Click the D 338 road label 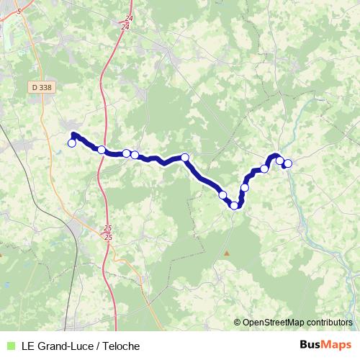tap(42, 87)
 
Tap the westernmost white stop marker tap(72, 143)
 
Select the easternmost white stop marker tap(288, 163)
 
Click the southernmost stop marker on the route tap(234, 206)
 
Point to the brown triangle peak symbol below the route tap(227, 253)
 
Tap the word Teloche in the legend tap(119, 346)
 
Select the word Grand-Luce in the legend tap(64, 346)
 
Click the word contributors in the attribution tap(330, 323)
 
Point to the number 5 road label tap(19, 12)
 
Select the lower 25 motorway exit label tap(108, 237)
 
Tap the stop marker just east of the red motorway tap(102, 150)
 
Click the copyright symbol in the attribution tap(238, 323)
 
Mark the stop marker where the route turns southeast tap(185, 158)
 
